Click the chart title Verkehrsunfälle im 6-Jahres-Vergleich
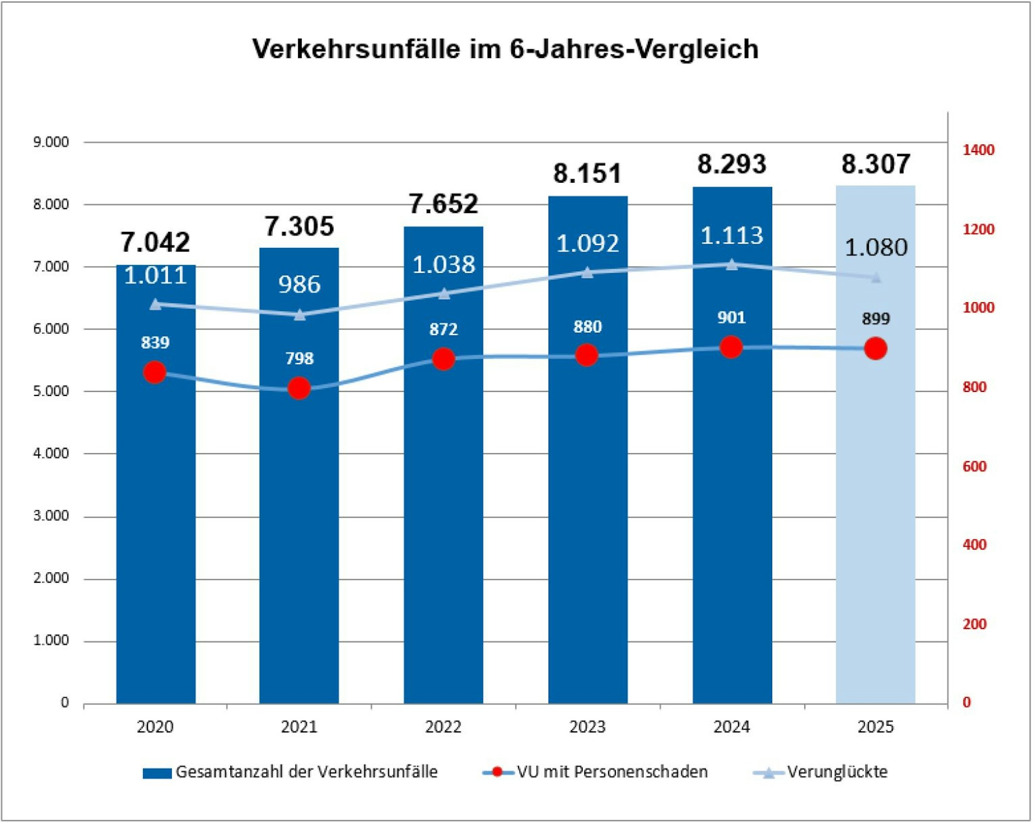[506, 49]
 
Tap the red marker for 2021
[299, 388]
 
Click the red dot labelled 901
[731, 347]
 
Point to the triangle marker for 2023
[587, 272]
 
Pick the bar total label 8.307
[876, 164]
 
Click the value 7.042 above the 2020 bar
[155, 242]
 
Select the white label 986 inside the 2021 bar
[299, 284]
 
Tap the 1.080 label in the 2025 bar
[876, 247]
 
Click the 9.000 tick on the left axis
[51, 142]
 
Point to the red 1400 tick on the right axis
[978, 150]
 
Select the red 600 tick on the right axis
[974, 466]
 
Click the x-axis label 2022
[443, 727]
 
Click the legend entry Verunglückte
[837, 772]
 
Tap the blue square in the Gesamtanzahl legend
[157, 773]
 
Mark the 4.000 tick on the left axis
[51, 453]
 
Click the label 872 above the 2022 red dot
[443, 329]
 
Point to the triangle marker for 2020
[155, 304]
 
